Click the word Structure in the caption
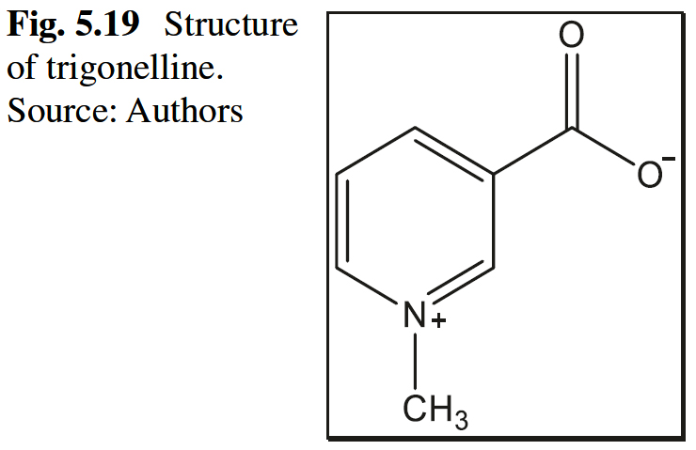coord(230,24)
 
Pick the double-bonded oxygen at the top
coord(571,37)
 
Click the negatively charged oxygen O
coord(648,175)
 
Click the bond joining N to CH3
coord(415,362)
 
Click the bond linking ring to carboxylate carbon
coord(532,151)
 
